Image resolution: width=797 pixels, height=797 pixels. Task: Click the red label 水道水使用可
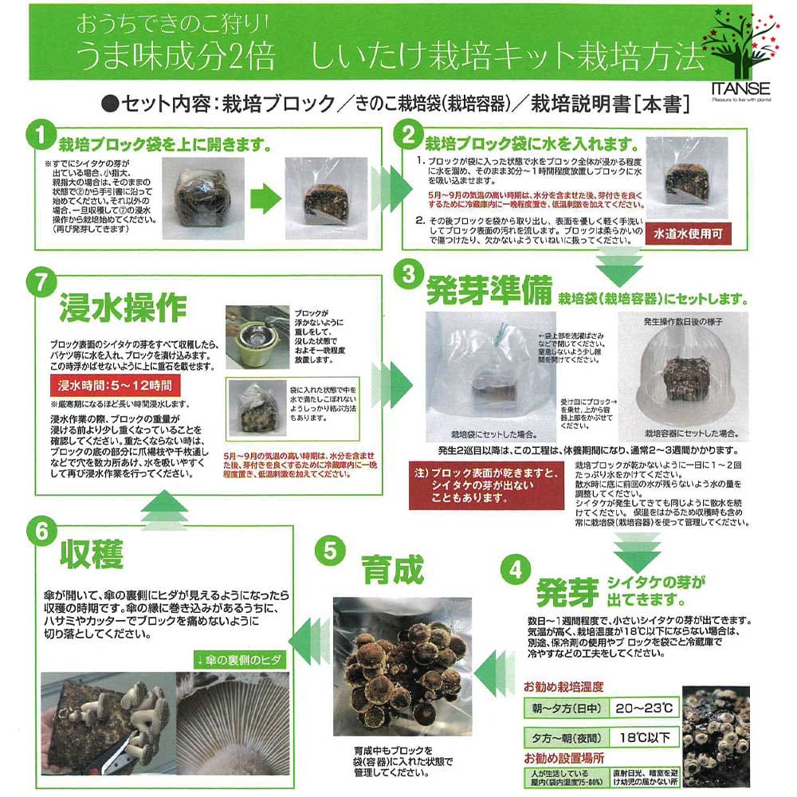689,236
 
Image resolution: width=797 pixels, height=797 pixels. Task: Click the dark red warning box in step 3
485,485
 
